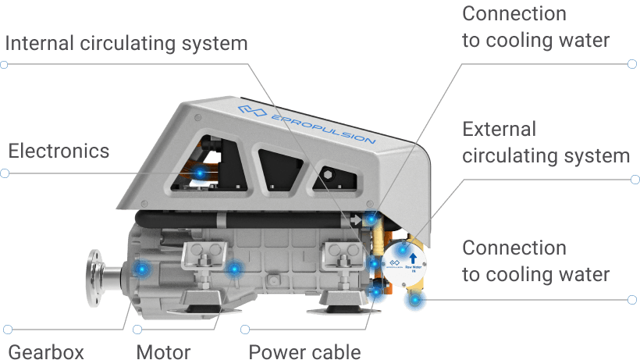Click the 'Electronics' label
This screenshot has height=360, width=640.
click(x=59, y=151)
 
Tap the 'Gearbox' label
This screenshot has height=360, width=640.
click(x=45, y=351)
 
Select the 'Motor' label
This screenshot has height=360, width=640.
click(x=163, y=351)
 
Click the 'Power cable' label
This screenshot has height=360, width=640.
click(x=304, y=351)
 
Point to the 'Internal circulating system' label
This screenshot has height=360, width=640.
click(x=126, y=42)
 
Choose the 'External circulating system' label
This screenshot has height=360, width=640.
click(x=546, y=142)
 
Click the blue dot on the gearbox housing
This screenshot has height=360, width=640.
click(x=141, y=269)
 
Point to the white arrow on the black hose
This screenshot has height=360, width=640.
click(x=356, y=222)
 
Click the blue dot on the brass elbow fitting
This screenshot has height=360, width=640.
click(x=411, y=299)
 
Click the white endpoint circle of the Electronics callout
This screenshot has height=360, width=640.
click(x=5, y=173)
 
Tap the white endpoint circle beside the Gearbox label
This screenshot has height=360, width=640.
click(x=5, y=328)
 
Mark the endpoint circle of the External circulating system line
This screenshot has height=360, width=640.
click(x=635, y=180)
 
